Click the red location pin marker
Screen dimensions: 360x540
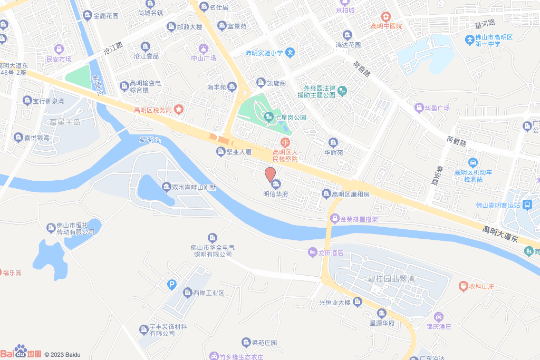pos(270,174)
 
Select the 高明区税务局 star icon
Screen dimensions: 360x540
pos(179,110)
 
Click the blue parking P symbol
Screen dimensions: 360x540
pos(171,285)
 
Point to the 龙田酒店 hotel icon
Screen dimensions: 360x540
pos(312,253)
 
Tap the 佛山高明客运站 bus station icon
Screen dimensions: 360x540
pos(528,205)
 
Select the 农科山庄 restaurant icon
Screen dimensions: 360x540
pos(463,286)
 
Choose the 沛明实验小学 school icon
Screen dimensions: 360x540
pos(290,53)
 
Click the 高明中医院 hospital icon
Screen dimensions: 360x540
pos(386,17)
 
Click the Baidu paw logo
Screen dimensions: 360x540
pos(20,350)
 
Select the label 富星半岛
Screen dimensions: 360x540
pos(64,122)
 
